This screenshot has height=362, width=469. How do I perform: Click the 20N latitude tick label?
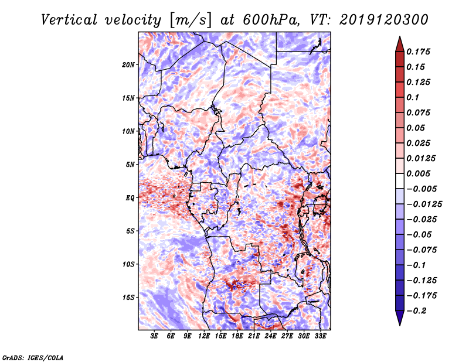128,64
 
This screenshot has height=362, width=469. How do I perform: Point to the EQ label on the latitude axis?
130,198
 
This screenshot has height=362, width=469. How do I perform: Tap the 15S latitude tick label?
128,298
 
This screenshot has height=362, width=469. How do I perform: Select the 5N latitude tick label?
130,165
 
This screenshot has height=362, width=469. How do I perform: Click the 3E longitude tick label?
155,336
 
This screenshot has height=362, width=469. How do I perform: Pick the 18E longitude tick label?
237,336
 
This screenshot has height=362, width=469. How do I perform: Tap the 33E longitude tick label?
320,336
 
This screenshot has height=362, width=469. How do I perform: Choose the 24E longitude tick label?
270,336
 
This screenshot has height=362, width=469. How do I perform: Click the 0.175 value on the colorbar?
419,52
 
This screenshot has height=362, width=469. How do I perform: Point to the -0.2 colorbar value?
417,310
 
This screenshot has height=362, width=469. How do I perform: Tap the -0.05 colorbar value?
419,234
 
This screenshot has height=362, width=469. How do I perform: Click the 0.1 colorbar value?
413,97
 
